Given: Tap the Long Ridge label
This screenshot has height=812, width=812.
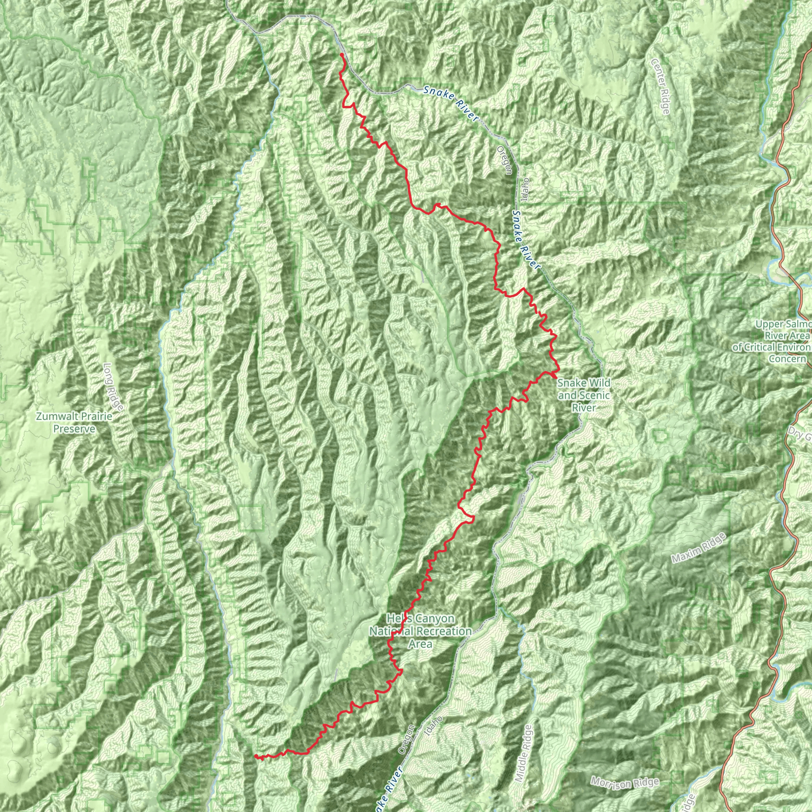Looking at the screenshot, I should coord(113,387).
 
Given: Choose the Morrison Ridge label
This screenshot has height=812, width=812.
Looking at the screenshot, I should coord(624,783).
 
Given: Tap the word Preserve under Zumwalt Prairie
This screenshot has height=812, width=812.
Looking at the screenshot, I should coord(74,429).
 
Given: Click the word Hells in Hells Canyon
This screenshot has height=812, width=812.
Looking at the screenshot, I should coord(396,619).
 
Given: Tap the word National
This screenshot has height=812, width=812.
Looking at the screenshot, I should coord(386,631).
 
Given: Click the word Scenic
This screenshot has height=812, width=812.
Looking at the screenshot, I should coord(594,395).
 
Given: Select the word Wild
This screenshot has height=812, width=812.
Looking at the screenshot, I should coord(601,383).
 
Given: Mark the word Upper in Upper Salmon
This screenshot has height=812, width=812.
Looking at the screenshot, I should coord(769,324).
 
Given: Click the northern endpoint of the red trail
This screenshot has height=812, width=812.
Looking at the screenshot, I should coord(342,55).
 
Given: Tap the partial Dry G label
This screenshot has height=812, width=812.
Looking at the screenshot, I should coord(800,434).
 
